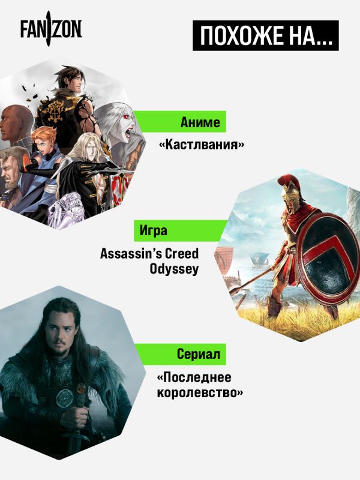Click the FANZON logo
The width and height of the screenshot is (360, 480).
pyautogui.click(x=51, y=28)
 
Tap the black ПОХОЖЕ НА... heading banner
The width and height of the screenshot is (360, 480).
pyautogui.click(x=265, y=35)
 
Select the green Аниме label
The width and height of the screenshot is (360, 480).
pyautogui.click(x=181, y=122)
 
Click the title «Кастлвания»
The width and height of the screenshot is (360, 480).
pyautogui.click(x=202, y=144)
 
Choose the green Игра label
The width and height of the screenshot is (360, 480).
pyautogui.click(x=181, y=230)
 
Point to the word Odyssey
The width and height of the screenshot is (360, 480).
pyautogui.click(x=174, y=269)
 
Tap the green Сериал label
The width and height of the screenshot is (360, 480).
pyautogui.click(x=181, y=354)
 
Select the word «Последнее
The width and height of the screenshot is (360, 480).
pyautogui.click(x=194, y=377)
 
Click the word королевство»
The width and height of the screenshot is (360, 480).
pyautogui.click(x=200, y=393)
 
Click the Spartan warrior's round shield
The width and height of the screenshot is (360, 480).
pyautogui.click(x=328, y=259)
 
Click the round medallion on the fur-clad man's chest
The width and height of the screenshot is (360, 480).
pyautogui.click(x=64, y=398)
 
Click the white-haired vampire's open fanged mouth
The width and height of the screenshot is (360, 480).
pyautogui.click(x=128, y=131)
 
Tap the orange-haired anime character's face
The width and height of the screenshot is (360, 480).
pyautogui.click(x=46, y=144)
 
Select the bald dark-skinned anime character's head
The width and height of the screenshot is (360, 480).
pyautogui.click(x=14, y=122)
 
